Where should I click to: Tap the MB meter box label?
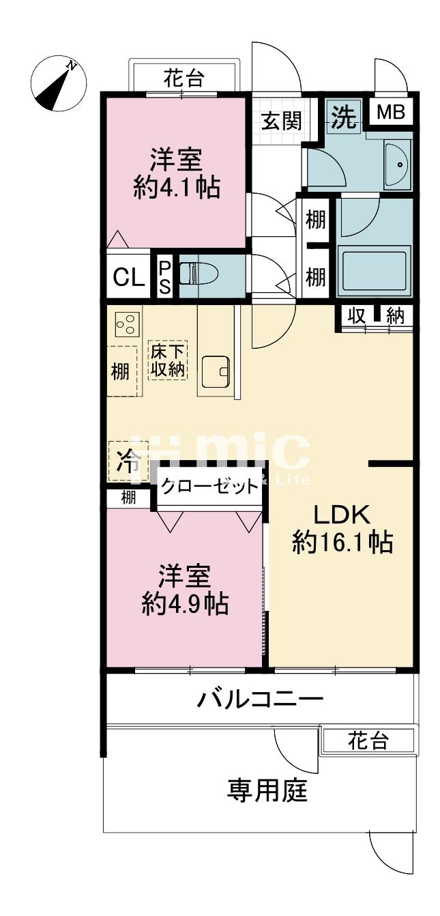coord(391,112)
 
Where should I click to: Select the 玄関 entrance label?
coord(282,121)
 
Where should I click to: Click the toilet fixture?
coord(199,274)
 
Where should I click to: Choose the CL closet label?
coord(129,278)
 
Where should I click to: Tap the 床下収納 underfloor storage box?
coord(168,360)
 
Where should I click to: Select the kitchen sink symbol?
coord(216,372)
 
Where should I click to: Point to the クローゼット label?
coord(209,487)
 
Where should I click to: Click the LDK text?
coord(342,515)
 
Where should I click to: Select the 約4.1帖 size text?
coord(177,187)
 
